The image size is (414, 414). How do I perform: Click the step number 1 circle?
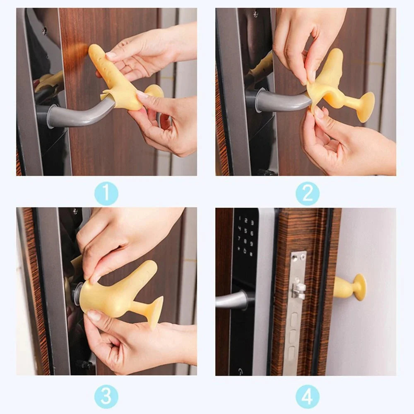(x=106, y=193)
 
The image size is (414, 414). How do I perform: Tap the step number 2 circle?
(x=307, y=193)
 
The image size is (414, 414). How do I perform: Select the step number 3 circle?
(x=106, y=396)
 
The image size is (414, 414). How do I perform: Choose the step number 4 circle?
(x=307, y=396)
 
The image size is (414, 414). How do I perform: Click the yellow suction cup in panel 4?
(x=351, y=287)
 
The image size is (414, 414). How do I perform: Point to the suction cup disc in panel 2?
(x=366, y=107)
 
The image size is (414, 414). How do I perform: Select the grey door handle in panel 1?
(x=79, y=115)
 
